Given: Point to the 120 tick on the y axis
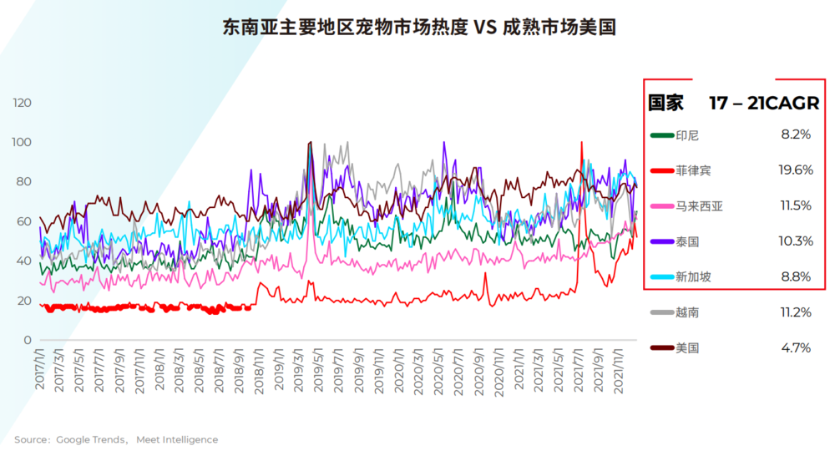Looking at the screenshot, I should (x=23, y=103).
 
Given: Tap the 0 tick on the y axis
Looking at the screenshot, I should (x=28, y=340).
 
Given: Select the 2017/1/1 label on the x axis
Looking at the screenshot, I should (x=40, y=367).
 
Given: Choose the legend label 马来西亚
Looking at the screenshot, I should (x=699, y=205).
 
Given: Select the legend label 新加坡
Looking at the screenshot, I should (x=693, y=276).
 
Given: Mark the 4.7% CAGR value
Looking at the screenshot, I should (x=796, y=347).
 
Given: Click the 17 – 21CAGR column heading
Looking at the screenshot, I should (x=764, y=103).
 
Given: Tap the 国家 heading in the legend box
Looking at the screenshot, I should (x=666, y=103).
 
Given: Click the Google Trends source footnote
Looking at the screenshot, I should (x=116, y=439).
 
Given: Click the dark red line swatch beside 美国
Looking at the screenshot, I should (x=661, y=347).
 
